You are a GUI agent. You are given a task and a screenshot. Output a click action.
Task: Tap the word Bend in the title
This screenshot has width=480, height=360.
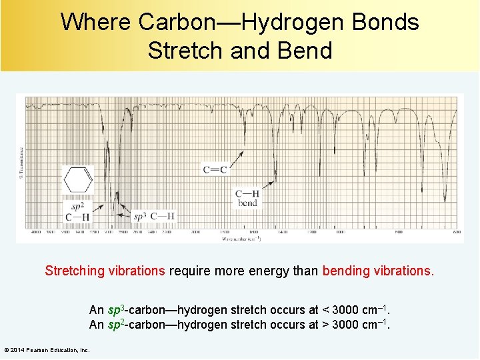pos(306,50)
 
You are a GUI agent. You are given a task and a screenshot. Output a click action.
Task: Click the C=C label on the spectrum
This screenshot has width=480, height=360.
pos(215,170)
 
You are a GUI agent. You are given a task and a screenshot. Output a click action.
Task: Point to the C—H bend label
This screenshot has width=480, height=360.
pos(247,198)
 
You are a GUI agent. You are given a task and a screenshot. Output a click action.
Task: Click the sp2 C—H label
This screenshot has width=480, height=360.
pos(77,212)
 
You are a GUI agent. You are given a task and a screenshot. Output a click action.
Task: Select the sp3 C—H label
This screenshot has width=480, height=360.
pos(154,216)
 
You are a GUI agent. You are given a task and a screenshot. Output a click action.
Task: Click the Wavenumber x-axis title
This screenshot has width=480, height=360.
pos(239,239)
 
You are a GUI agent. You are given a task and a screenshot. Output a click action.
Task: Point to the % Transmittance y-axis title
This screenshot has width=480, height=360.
pos(21,163)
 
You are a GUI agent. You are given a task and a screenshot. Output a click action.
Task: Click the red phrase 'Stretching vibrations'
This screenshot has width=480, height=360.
pos(105,271)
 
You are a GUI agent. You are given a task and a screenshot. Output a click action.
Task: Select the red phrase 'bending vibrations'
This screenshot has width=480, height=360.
pos(378,271)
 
